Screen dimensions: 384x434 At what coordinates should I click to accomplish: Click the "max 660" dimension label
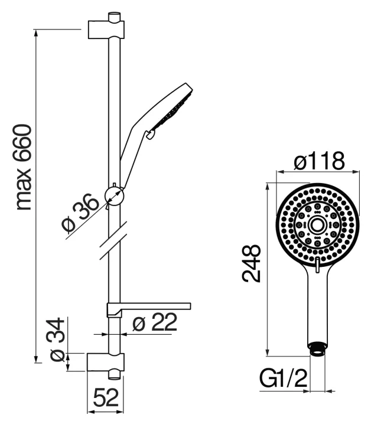[24, 167]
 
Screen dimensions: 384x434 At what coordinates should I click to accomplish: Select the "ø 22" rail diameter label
[155, 322]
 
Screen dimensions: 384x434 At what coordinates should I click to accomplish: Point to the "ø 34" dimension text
[57, 340]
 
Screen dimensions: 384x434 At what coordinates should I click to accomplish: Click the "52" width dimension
[106, 398]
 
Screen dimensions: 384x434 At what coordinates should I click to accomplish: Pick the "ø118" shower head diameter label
[319, 161]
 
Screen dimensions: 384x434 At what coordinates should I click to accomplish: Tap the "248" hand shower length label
[252, 263]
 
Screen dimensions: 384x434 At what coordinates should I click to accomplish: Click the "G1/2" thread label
[284, 378]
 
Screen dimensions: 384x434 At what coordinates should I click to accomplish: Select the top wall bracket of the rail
[106, 30]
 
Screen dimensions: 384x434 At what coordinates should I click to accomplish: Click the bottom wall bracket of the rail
[106, 362]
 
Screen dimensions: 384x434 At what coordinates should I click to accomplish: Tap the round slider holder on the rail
[115, 196]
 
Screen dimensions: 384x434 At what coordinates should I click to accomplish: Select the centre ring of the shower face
[317, 226]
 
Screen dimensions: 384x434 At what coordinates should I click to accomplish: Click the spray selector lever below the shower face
[317, 265]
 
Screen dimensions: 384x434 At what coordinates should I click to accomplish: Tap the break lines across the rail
[113, 240]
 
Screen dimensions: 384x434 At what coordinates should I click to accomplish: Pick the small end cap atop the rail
[115, 16]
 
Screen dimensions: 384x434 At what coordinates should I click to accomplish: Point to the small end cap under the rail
[115, 375]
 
